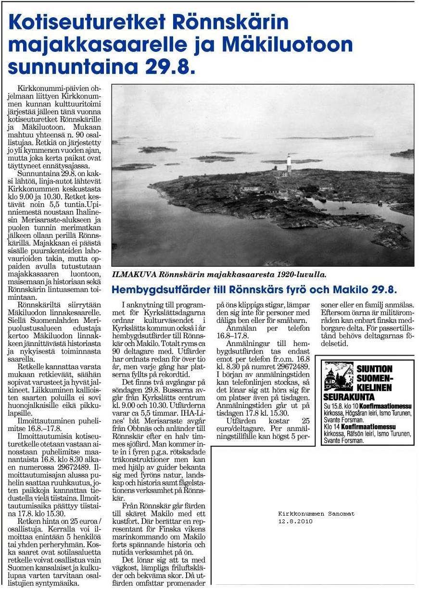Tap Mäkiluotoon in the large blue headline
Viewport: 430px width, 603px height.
point(289,45)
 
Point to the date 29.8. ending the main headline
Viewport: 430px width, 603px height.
point(163,67)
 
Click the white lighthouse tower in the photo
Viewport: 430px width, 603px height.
point(289,165)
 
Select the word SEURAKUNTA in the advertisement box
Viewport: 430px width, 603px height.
point(349,397)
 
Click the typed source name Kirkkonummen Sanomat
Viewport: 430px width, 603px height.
point(316,514)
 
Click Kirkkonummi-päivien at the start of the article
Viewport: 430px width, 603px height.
point(46,89)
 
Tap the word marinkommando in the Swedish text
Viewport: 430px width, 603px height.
point(144,536)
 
